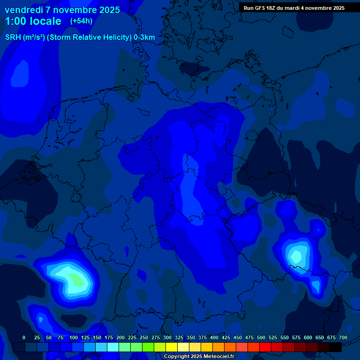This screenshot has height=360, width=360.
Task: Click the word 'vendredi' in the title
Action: click(24, 10)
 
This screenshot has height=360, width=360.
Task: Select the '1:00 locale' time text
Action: click(33, 21)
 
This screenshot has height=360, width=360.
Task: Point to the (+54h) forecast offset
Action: click(81, 21)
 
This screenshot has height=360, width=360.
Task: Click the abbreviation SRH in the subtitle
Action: click(13, 37)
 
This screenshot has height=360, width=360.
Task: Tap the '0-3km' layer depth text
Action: click(144, 37)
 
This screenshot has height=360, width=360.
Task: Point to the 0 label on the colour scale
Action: click(24, 337)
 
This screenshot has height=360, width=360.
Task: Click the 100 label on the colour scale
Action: click(74, 337)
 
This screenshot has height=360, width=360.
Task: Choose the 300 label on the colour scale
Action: click(167, 337)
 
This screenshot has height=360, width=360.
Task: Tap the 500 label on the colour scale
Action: click(261, 337)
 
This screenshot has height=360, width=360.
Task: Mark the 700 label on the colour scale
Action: click(343, 337)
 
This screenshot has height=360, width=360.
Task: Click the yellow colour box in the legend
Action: click(172, 347)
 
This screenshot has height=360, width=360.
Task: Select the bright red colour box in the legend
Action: click(265, 347)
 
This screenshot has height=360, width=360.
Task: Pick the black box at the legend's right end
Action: click(336, 347)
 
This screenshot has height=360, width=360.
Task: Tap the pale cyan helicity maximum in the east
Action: click(296, 256)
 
